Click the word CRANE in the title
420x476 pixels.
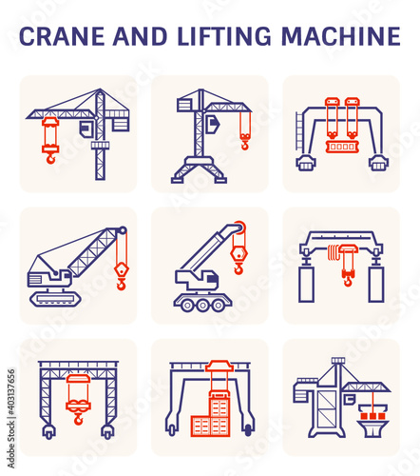(62, 36)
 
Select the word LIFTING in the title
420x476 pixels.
(224, 36)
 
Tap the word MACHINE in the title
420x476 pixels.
(341, 36)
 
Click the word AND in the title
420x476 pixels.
(140, 36)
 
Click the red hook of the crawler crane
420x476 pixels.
(121, 283)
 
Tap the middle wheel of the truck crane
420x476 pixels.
(202, 306)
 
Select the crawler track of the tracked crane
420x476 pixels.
(55, 299)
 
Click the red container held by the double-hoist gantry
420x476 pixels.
(342, 147)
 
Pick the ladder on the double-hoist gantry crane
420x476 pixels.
(299, 130)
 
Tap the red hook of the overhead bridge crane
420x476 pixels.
(348, 281)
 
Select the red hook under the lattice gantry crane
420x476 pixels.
(78, 419)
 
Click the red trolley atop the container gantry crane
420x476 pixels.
(220, 366)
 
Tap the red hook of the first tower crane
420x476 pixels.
(50, 158)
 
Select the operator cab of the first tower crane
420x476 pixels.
(86, 129)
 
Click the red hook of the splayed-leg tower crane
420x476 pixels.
(245, 145)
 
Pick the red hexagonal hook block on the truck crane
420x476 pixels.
(239, 254)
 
